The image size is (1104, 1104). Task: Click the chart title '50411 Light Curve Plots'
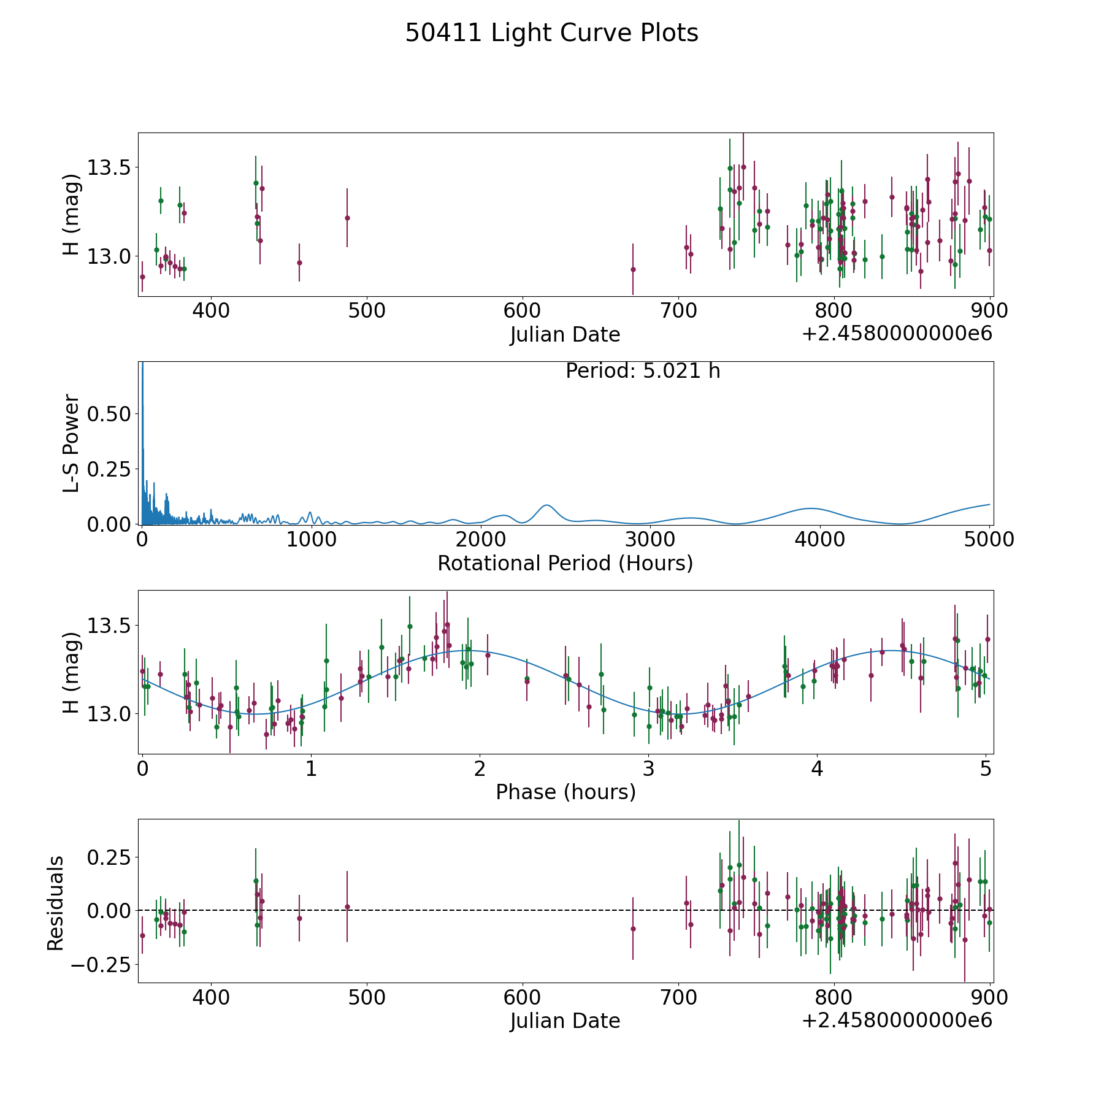click(x=551, y=33)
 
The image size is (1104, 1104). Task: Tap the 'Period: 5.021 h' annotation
click(x=643, y=371)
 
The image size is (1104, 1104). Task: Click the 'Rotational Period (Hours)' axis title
click(x=565, y=563)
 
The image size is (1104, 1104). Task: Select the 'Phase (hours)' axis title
click(x=565, y=792)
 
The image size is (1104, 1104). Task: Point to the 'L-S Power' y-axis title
click(x=71, y=443)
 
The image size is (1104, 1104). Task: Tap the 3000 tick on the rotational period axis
click(x=650, y=540)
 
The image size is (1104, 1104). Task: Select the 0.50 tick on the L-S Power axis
click(x=109, y=414)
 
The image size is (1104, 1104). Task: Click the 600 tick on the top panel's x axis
click(x=523, y=311)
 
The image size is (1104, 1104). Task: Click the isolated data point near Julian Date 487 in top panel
click(x=347, y=218)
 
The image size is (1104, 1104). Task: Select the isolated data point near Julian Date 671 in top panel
click(x=633, y=269)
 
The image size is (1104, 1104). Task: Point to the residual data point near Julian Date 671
click(x=633, y=929)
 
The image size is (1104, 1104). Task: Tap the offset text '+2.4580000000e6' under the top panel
click(x=897, y=334)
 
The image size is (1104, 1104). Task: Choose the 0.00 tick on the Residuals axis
click(x=109, y=911)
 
